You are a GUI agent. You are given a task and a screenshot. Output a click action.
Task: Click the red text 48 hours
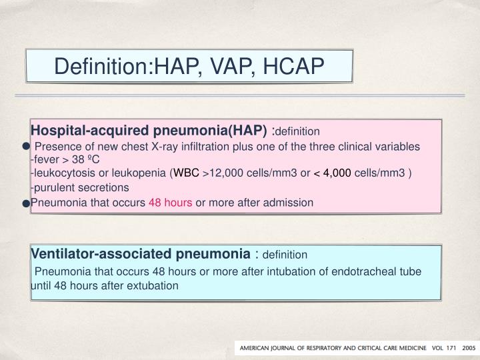(x=171, y=202)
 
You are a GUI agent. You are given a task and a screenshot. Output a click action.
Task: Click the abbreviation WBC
(x=187, y=174)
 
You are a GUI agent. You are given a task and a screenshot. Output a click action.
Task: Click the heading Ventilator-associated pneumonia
(x=139, y=254)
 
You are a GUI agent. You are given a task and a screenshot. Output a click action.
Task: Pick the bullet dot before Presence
(x=25, y=146)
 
